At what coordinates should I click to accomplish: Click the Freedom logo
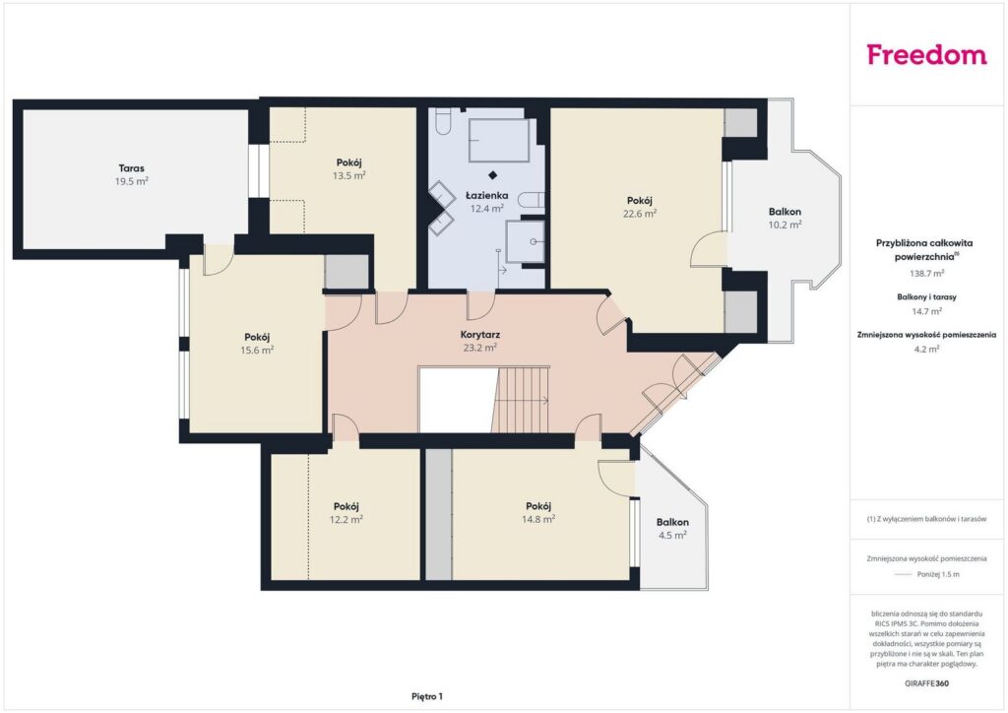(x=926, y=54)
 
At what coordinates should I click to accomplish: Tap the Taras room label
(x=131, y=168)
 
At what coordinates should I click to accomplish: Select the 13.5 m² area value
(x=349, y=175)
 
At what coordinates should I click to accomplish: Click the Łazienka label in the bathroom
(x=486, y=195)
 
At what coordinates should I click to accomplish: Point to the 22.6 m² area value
(x=640, y=214)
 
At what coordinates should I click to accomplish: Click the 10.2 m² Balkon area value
(x=785, y=225)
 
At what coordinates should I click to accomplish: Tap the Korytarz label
(x=480, y=334)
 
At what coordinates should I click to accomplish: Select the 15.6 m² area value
(x=257, y=351)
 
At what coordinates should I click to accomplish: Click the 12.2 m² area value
(x=346, y=519)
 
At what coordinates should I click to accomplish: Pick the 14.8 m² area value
(x=538, y=519)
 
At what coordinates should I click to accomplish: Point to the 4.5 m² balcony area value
(x=672, y=535)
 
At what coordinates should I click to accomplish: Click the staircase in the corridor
(x=522, y=400)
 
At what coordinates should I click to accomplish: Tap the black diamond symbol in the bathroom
(x=492, y=175)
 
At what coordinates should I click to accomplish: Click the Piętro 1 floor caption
(x=427, y=696)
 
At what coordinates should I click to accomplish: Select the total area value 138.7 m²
(x=926, y=273)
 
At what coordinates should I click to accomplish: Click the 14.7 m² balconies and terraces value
(x=926, y=311)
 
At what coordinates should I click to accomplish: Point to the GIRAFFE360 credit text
(x=926, y=683)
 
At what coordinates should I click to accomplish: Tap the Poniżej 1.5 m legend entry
(x=938, y=574)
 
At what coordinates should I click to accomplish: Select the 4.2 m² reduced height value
(x=926, y=349)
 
